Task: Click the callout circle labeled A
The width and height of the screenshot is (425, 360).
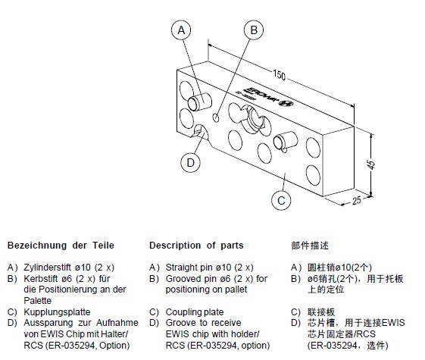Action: point(180,30)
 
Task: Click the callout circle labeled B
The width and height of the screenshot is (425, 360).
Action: point(255,30)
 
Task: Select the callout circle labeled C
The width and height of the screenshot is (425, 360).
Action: point(281,200)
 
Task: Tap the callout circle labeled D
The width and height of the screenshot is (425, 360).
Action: point(191,161)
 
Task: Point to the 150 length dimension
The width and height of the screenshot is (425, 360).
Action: point(280,76)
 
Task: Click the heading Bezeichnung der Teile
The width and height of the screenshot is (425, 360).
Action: point(60,246)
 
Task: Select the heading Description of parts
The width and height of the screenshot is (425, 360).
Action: point(196,246)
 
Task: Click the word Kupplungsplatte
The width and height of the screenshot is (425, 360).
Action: point(56,311)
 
